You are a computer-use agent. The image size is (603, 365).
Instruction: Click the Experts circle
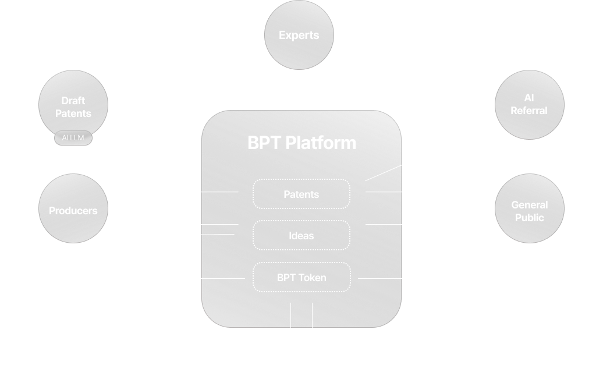click(x=299, y=35)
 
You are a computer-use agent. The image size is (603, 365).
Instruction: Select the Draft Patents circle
click(x=73, y=105)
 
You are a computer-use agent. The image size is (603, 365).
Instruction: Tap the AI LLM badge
click(x=73, y=138)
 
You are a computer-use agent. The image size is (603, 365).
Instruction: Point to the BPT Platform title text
click(x=301, y=143)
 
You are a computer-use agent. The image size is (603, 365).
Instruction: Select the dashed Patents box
click(x=301, y=194)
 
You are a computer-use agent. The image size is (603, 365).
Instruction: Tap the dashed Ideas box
click(x=301, y=235)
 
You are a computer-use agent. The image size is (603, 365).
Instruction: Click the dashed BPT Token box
click(x=301, y=277)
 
